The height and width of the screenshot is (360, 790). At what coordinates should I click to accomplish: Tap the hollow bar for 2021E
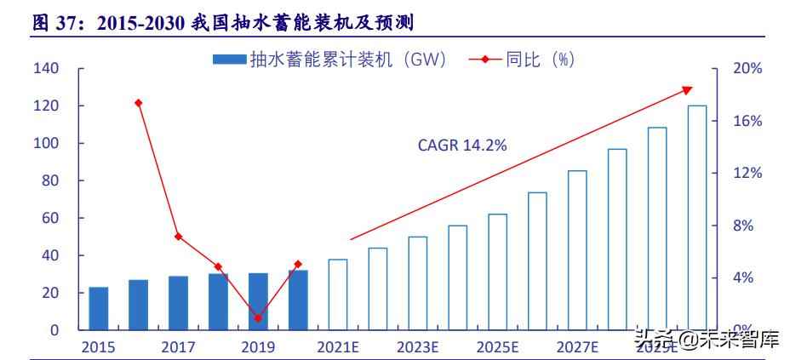tap(337, 294)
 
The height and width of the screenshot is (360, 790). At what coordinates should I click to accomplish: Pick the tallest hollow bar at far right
tap(696, 217)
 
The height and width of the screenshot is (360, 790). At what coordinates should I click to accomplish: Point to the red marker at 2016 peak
tap(139, 103)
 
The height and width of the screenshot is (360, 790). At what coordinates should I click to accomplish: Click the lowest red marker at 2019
tap(258, 318)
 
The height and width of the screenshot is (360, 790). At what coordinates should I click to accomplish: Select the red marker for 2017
tap(178, 236)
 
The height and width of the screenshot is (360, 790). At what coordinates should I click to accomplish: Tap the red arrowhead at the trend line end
tap(688, 89)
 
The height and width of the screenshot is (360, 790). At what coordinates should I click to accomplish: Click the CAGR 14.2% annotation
tap(462, 146)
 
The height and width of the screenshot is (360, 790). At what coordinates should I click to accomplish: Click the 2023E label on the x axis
tap(417, 347)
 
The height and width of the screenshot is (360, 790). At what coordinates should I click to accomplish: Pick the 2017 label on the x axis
tap(178, 347)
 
